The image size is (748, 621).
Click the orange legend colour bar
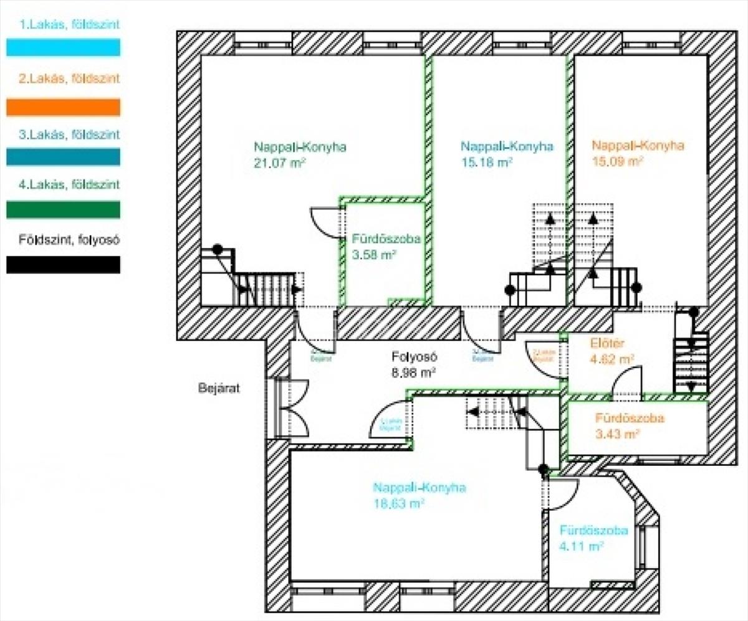tap(63, 107)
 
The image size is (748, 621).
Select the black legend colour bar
tap(63, 265)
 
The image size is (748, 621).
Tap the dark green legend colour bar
tap(63, 210)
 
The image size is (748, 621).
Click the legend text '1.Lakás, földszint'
tap(69, 26)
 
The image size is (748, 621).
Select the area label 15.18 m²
tap(486, 163)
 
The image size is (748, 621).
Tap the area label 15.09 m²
tap(617, 161)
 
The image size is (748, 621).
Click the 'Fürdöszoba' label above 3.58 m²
tap(382, 239)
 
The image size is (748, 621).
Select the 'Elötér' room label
tap(607, 343)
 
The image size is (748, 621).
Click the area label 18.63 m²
tap(399, 503)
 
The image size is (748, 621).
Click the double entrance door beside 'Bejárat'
tap(293, 408)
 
